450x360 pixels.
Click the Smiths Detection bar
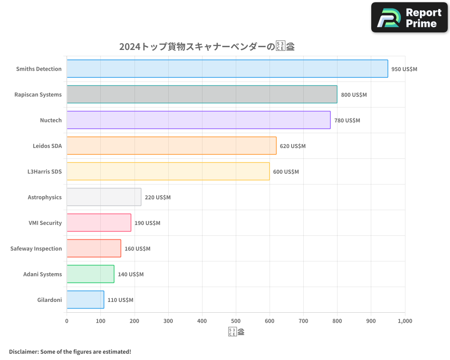pyautogui.click(x=227, y=69)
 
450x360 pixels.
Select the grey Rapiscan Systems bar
pyautogui.click(x=202, y=94)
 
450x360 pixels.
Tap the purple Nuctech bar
pyautogui.click(x=198, y=120)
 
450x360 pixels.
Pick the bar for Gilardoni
pyautogui.click(x=85, y=300)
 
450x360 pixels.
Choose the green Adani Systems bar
pyautogui.click(x=90, y=274)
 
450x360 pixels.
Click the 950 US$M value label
pyautogui.click(x=404, y=69)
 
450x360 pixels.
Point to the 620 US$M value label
pyautogui.click(x=292, y=146)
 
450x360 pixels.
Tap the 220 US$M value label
pyautogui.click(x=157, y=198)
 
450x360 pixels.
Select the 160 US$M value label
pyautogui.click(x=137, y=249)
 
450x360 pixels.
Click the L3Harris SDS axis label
pyautogui.click(x=45, y=171)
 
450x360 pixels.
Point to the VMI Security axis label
pyautogui.click(x=45, y=223)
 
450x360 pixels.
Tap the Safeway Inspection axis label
pyautogui.click(x=36, y=248)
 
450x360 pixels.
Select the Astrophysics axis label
pyautogui.click(x=45, y=197)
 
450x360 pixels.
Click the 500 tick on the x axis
pyautogui.click(x=236, y=321)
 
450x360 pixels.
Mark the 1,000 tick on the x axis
pyautogui.click(x=405, y=321)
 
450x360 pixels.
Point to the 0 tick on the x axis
pyautogui.click(x=67, y=321)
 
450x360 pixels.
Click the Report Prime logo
pyautogui.click(x=409, y=18)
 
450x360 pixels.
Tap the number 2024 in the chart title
pyautogui.click(x=130, y=46)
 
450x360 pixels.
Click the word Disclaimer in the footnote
pyautogui.click(x=23, y=351)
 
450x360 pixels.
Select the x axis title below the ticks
pyautogui.click(x=236, y=332)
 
